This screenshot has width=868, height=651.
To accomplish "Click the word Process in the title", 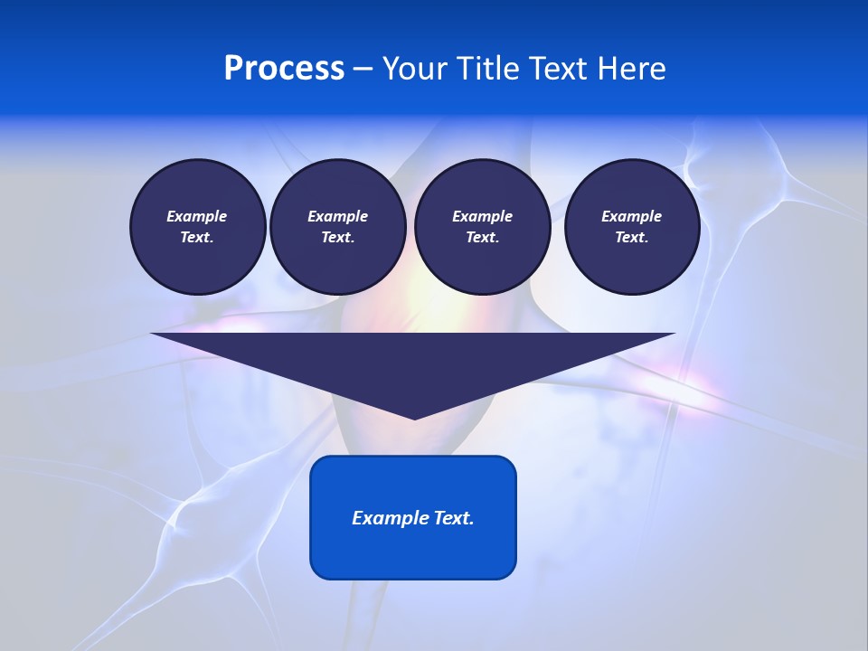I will click(284, 69).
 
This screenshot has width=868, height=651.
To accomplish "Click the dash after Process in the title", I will click(363, 70).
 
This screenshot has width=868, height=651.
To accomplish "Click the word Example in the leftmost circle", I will click(197, 216).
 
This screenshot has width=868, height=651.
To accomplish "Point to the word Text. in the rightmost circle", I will click(631, 237).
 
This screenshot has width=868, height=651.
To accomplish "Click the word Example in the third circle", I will click(482, 216).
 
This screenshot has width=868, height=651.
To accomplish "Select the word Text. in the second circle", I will click(337, 237).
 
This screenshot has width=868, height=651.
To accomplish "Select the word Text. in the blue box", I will click(454, 518).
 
